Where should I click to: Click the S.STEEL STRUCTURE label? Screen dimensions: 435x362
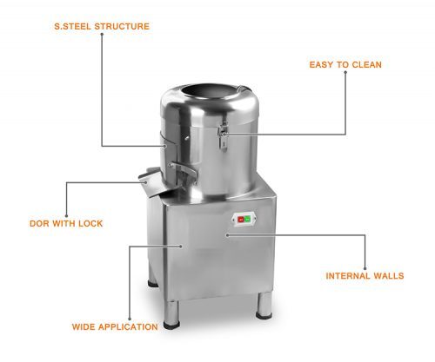point(102,26)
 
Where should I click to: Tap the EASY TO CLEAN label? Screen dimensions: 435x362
point(345,64)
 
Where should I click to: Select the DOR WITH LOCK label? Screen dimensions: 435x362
point(66,223)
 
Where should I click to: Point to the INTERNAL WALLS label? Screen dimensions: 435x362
point(365,276)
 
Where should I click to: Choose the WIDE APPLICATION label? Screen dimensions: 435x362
point(115,327)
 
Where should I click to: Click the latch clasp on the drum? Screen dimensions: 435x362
point(223,135)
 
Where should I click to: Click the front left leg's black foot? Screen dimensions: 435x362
point(171,326)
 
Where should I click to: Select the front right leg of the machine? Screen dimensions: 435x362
point(264,306)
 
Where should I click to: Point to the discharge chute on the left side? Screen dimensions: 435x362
point(152,182)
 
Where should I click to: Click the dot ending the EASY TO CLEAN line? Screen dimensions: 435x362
point(345,72)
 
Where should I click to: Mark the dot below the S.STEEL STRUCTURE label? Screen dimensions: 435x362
point(102,34)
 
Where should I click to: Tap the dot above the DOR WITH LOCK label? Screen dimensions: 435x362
point(66,216)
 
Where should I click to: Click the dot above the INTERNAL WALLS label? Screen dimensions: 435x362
point(365,268)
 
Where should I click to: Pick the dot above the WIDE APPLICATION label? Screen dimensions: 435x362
point(130,319)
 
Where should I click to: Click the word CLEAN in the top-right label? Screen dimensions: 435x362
point(367,64)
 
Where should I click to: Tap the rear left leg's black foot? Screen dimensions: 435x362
point(152,284)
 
